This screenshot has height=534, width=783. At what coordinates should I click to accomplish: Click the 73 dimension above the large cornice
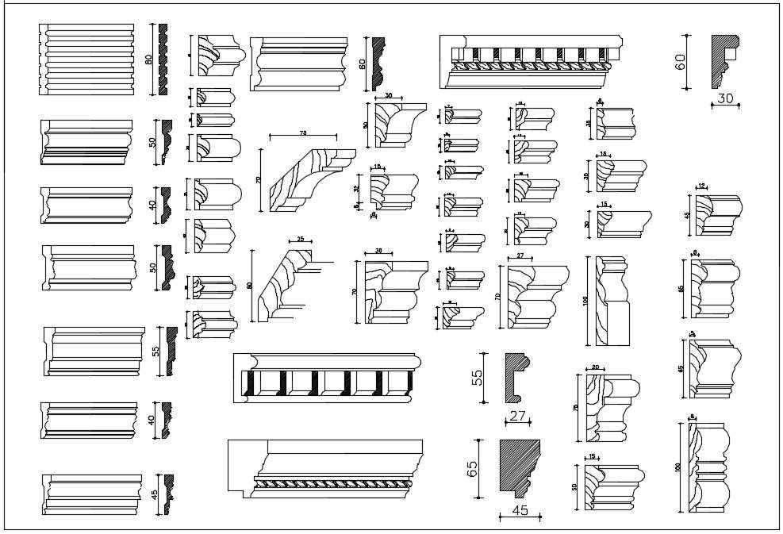click(x=303, y=133)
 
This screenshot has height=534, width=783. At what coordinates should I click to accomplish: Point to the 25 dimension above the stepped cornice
click(x=301, y=238)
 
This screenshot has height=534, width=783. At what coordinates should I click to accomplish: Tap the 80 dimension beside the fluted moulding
click(x=149, y=60)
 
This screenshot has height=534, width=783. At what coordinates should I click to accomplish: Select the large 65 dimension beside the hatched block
click(x=473, y=468)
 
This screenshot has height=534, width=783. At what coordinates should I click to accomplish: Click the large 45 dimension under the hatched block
click(x=520, y=510)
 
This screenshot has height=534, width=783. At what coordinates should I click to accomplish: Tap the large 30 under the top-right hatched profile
click(x=726, y=98)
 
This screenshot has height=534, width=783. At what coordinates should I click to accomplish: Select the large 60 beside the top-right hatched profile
click(x=681, y=62)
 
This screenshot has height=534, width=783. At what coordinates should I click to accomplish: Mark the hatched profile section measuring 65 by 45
click(x=519, y=464)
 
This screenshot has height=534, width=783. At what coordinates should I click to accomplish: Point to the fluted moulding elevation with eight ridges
click(x=86, y=60)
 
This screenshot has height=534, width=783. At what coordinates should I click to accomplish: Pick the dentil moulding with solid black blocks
click(x=327, y=379)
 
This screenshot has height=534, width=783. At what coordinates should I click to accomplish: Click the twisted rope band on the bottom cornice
click(x=333, y=481)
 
